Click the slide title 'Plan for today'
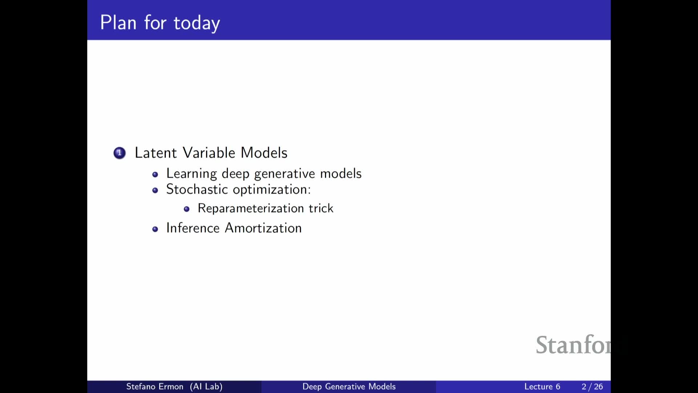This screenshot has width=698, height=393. (x=160, y=23)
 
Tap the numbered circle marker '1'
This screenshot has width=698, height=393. (x=120, y=153)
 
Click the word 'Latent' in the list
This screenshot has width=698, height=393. (x=156, y=153)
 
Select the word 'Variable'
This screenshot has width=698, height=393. (x=209, y=153)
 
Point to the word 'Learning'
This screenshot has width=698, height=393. (x=192, y=174)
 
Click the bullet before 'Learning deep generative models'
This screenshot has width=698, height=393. (x=155, y=175)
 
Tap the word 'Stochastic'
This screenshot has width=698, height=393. (x=197, y=190)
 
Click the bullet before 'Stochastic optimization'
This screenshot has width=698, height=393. (x=155, y=190)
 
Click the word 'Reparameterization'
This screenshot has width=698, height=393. (x=251, y=209)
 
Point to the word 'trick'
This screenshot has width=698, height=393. (x=321, y=208)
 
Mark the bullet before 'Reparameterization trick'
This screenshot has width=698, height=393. (x=187, y=209)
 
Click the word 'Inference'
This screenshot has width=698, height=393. (x=193, y=228)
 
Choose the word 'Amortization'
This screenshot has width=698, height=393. (x=264, y=228)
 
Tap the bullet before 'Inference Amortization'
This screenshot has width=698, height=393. (x=155, y=229)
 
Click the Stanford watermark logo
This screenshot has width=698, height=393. (x=573, y=345)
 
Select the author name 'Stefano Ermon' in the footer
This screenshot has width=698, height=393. (x=155, y=386)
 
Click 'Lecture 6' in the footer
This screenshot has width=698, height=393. (x=542, y=386)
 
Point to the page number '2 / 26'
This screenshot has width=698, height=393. (x=592, y=386)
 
